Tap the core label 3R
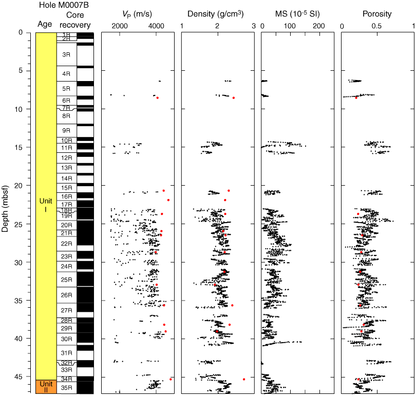point(66,55)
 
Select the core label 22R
point(66,243)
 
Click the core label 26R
point(66,295)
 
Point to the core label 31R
point(66,353)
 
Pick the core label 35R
point(66,387)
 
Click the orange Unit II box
point(46,387)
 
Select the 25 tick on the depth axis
point(27,224)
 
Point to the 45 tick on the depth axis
point(27,377)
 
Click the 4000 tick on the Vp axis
point(156,26)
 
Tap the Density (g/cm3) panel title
point(218,14)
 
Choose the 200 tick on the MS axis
point(319,26)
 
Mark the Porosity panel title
point(377,14)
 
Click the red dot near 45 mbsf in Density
point(244,380)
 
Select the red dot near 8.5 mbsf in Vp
point(157,97)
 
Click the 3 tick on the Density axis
point(253,26)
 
